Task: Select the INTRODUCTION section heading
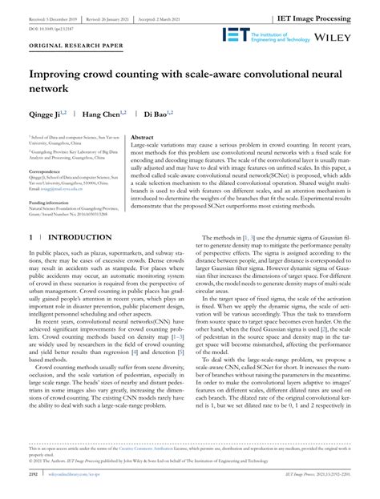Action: click(x=79, y=238)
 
